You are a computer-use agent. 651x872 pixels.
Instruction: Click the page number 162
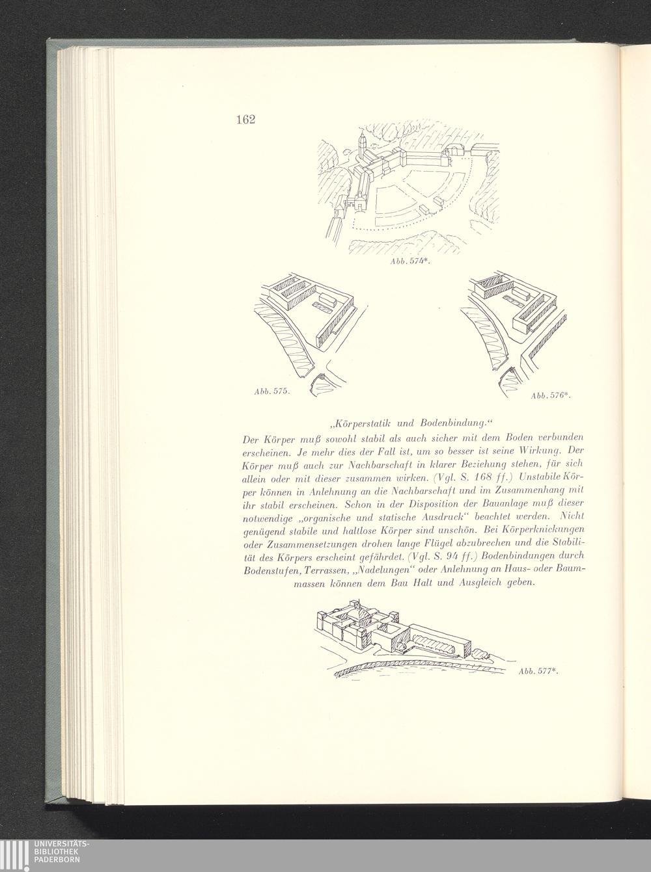click(245, 119)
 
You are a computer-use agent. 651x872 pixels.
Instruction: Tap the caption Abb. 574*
click(409, 262)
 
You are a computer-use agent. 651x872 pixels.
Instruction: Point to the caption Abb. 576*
click(551, 395)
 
